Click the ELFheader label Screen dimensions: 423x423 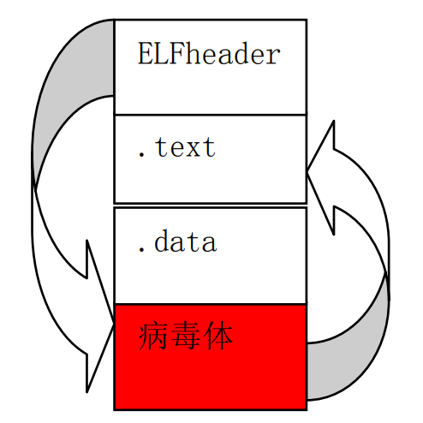click(209, 53)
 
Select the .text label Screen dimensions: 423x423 click(176, 147)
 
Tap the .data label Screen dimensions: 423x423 click(177, 241)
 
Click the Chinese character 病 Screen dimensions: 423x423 click(153, 336)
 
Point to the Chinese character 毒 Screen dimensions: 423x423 click(186, 336)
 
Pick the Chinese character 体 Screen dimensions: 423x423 click(218, 336)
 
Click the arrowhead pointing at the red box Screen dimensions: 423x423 click(100, 323)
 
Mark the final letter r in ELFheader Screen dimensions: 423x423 click(272, 57)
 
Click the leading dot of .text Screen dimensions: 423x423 click(141, 155)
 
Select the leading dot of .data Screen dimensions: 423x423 click(141, 250)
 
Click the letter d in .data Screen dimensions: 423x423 click(162, 241)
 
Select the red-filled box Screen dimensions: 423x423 click(211, 357)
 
